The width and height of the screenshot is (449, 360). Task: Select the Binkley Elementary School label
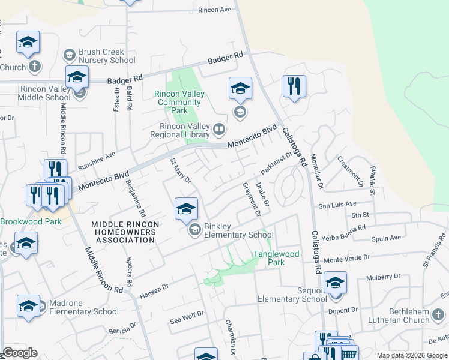(x=238, y=230)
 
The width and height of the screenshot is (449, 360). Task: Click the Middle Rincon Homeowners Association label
(x=125, y=232)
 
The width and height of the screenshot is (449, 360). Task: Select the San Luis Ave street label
(x=337, y=205)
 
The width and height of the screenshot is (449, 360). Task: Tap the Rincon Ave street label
(x=214, y=10)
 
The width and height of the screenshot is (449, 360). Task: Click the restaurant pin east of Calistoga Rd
(x=294, y=86)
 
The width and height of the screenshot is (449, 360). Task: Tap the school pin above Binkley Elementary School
(x=186, y=209)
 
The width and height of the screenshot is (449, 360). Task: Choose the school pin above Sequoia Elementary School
(x=336, y=283)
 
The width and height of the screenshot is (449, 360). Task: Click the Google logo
(x=20, y=353)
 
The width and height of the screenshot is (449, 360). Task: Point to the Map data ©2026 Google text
(x=411, y=355)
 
